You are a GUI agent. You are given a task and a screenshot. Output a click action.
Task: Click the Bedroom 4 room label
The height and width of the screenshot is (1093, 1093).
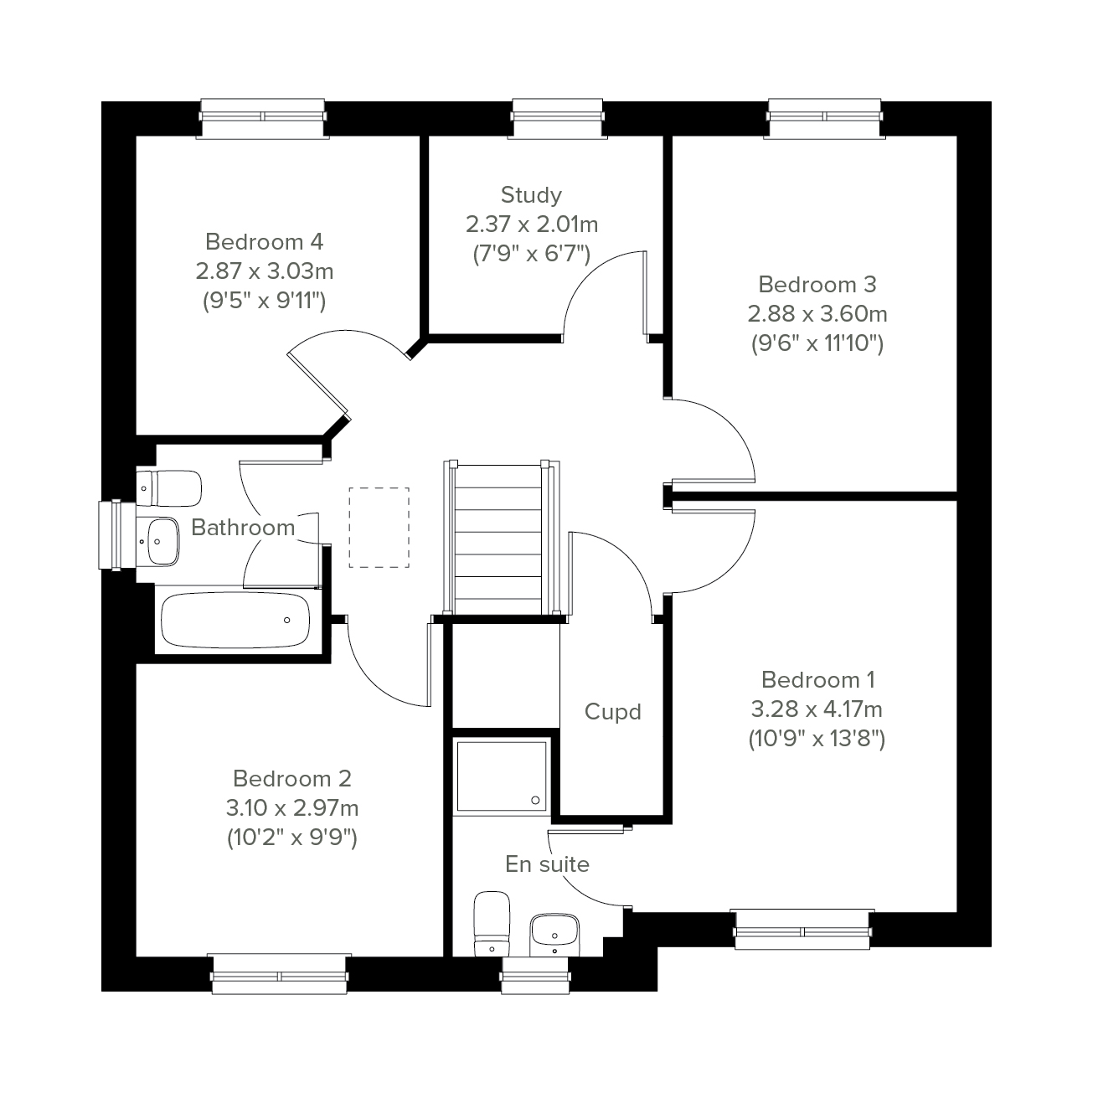(x=265, y=242)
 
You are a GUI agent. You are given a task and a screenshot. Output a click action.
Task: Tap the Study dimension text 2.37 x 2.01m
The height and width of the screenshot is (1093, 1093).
(x=532, y=224)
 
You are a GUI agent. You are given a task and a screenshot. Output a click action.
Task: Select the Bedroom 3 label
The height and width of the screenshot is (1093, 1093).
(x=817, y=285)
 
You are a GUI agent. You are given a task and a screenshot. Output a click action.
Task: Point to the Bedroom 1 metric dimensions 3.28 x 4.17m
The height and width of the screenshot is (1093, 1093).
(x=817, y=709)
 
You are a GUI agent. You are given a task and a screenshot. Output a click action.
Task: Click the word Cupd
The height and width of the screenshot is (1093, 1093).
(x=612, y=712)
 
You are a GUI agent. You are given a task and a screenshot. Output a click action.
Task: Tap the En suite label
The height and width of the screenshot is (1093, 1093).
(x=548, y=864)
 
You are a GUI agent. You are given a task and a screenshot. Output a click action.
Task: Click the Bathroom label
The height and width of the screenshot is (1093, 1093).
(x=243, y=528)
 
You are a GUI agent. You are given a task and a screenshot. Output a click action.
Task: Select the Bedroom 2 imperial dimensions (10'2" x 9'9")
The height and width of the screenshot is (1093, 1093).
(x=292, y=838)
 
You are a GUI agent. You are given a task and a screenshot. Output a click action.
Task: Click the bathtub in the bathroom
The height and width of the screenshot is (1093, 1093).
(x=235, y=621)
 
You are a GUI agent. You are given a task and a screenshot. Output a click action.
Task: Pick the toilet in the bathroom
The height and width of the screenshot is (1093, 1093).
(x=169, y=488)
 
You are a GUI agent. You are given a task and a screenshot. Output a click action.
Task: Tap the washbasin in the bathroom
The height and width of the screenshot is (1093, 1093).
(x=158, y=541)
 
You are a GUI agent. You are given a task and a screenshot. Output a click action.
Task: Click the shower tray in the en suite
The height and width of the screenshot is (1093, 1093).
(x=502, y=776)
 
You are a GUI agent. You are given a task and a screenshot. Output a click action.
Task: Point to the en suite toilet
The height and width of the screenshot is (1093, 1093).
(x=492, y=924)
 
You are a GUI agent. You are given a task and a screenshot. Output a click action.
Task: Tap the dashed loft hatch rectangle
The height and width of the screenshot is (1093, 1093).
(x=379, y=528)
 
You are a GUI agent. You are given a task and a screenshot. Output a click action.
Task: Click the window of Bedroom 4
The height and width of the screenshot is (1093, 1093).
(x=263, y=118)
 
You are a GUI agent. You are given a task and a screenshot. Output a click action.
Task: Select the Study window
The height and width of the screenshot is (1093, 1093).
(x=558, y=118)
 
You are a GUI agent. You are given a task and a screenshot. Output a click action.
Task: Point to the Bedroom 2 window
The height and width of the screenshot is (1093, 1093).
(x=279, y=974)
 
